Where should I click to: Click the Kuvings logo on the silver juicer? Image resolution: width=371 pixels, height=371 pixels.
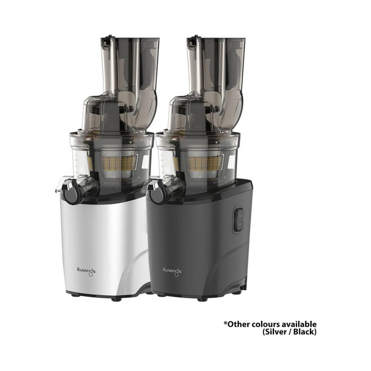86,271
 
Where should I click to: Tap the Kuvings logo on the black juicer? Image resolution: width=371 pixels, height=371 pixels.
172,271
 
